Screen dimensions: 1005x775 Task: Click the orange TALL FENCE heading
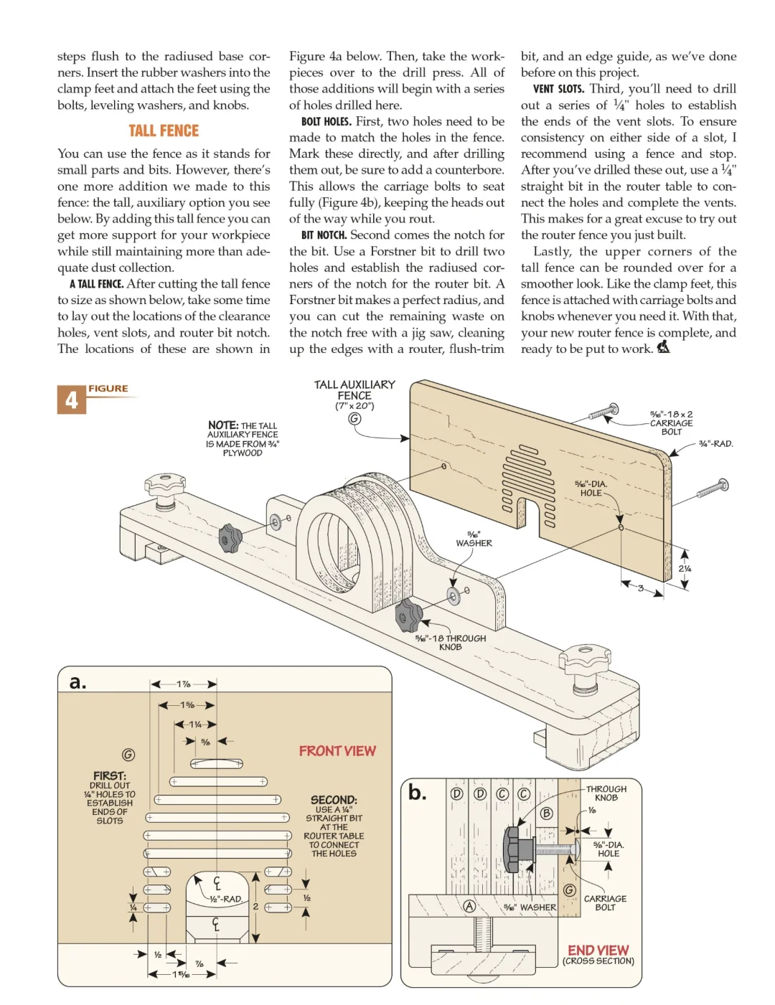(x=164, y=131)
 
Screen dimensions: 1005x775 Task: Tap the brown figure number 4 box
(x=71, y=400)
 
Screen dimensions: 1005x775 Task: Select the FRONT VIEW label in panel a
(x=337, y=751)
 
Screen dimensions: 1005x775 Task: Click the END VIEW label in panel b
(x=598, y=950)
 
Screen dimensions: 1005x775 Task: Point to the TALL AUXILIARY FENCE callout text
(x=354, y=390)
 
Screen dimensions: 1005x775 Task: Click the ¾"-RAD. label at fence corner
(x=715, y=444)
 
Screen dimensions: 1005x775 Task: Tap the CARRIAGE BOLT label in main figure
(x=671, y=423)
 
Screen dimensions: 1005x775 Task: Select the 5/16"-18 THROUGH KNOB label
(x=451, y=643)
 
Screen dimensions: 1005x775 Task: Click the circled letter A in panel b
(x=469, y=906)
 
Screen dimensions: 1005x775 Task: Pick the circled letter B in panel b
(x=547, y=813)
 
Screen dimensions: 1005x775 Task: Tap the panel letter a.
(x=77, y=682)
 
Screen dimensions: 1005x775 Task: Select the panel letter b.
(x=417, y=793)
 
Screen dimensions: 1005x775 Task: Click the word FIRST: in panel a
(x=109, y=775)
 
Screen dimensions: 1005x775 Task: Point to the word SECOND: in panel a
(x=334, y=800)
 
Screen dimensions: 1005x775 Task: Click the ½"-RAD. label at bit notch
(x=226, y=899)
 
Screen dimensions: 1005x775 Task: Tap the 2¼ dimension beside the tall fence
(x=685, y=569)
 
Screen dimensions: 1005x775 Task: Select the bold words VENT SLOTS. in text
(x=558, y=89)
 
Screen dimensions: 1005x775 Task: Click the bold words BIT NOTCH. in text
(x=324, y=235)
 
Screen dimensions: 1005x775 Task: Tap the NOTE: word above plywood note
(x=223, y=425)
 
